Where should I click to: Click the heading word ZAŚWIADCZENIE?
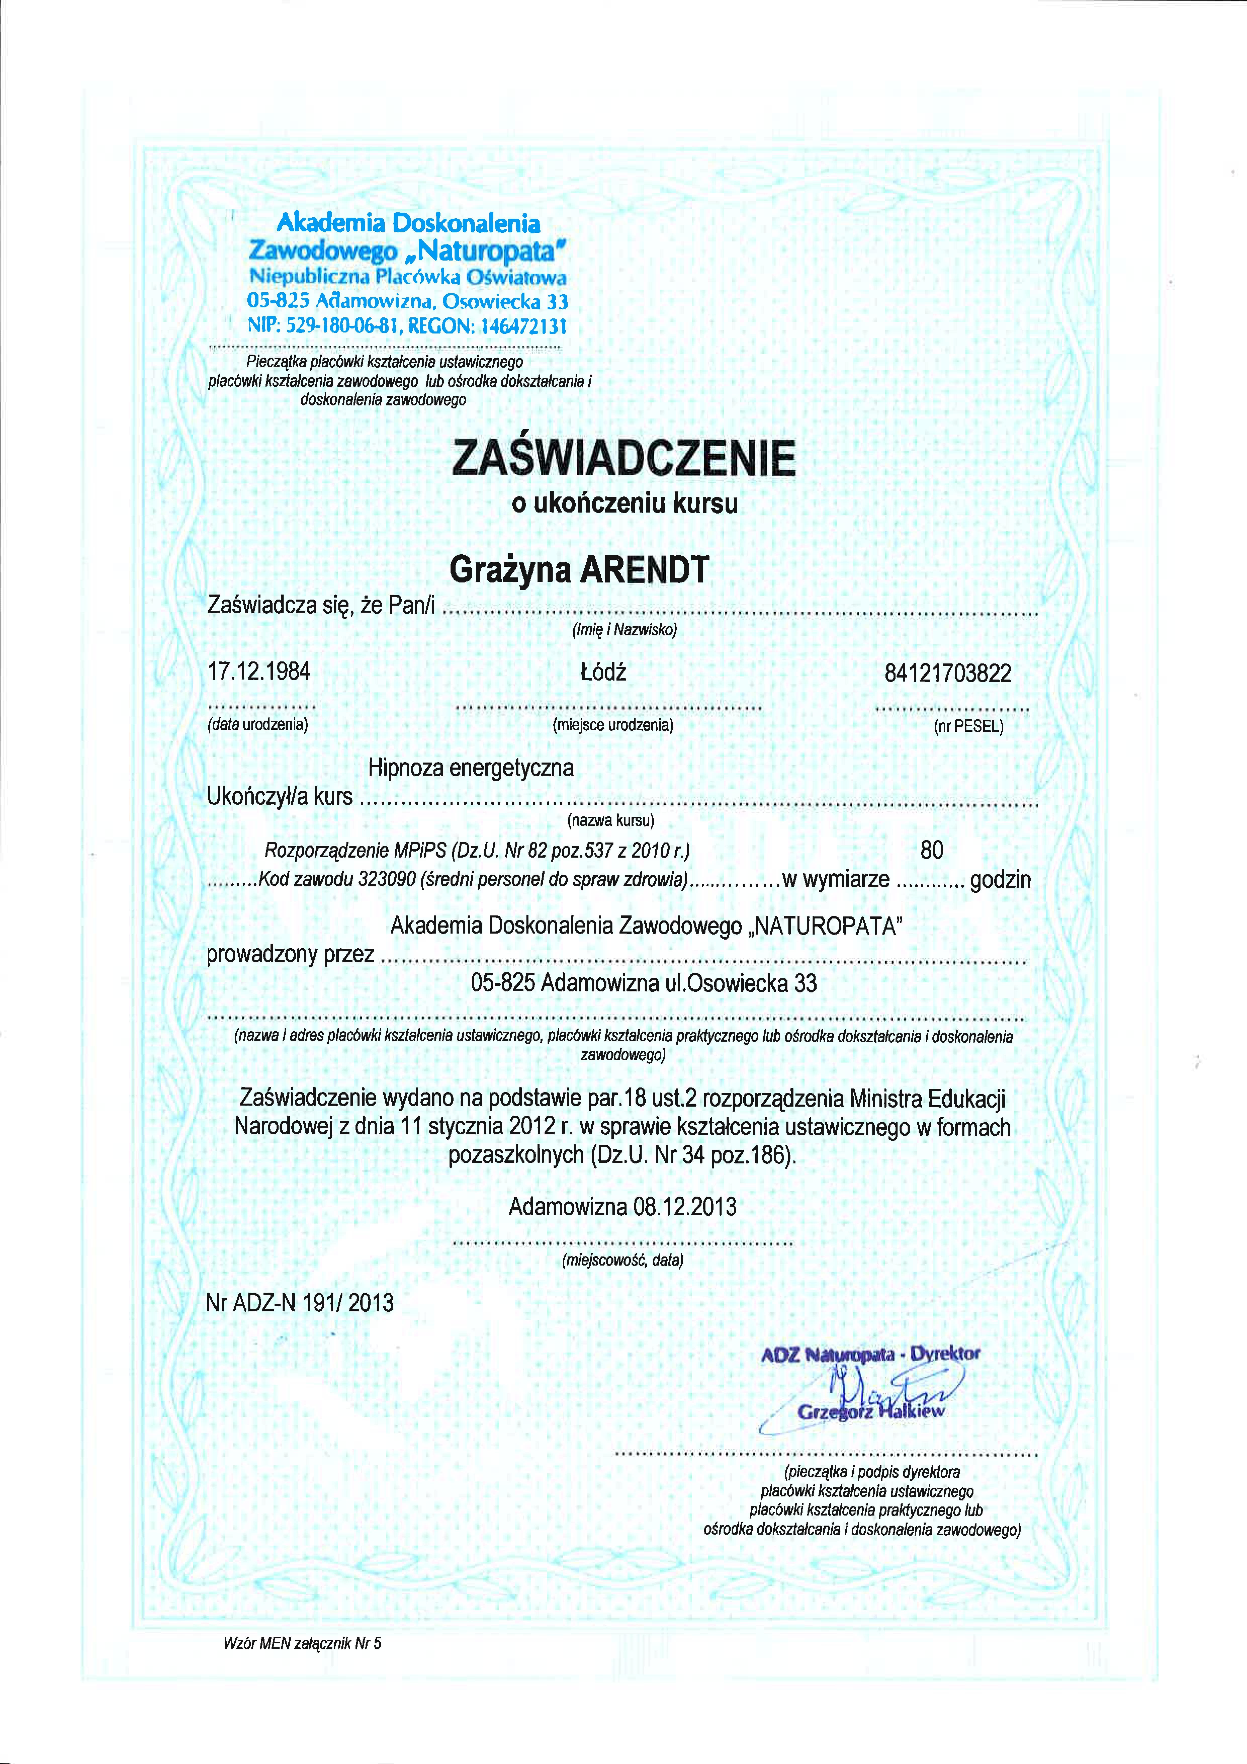coord(623,459)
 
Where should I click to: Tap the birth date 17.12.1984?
coord(259,671)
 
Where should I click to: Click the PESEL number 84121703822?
coord(948,674)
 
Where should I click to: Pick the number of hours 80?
coord(931,850)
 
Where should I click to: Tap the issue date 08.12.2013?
coord(684,1207)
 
